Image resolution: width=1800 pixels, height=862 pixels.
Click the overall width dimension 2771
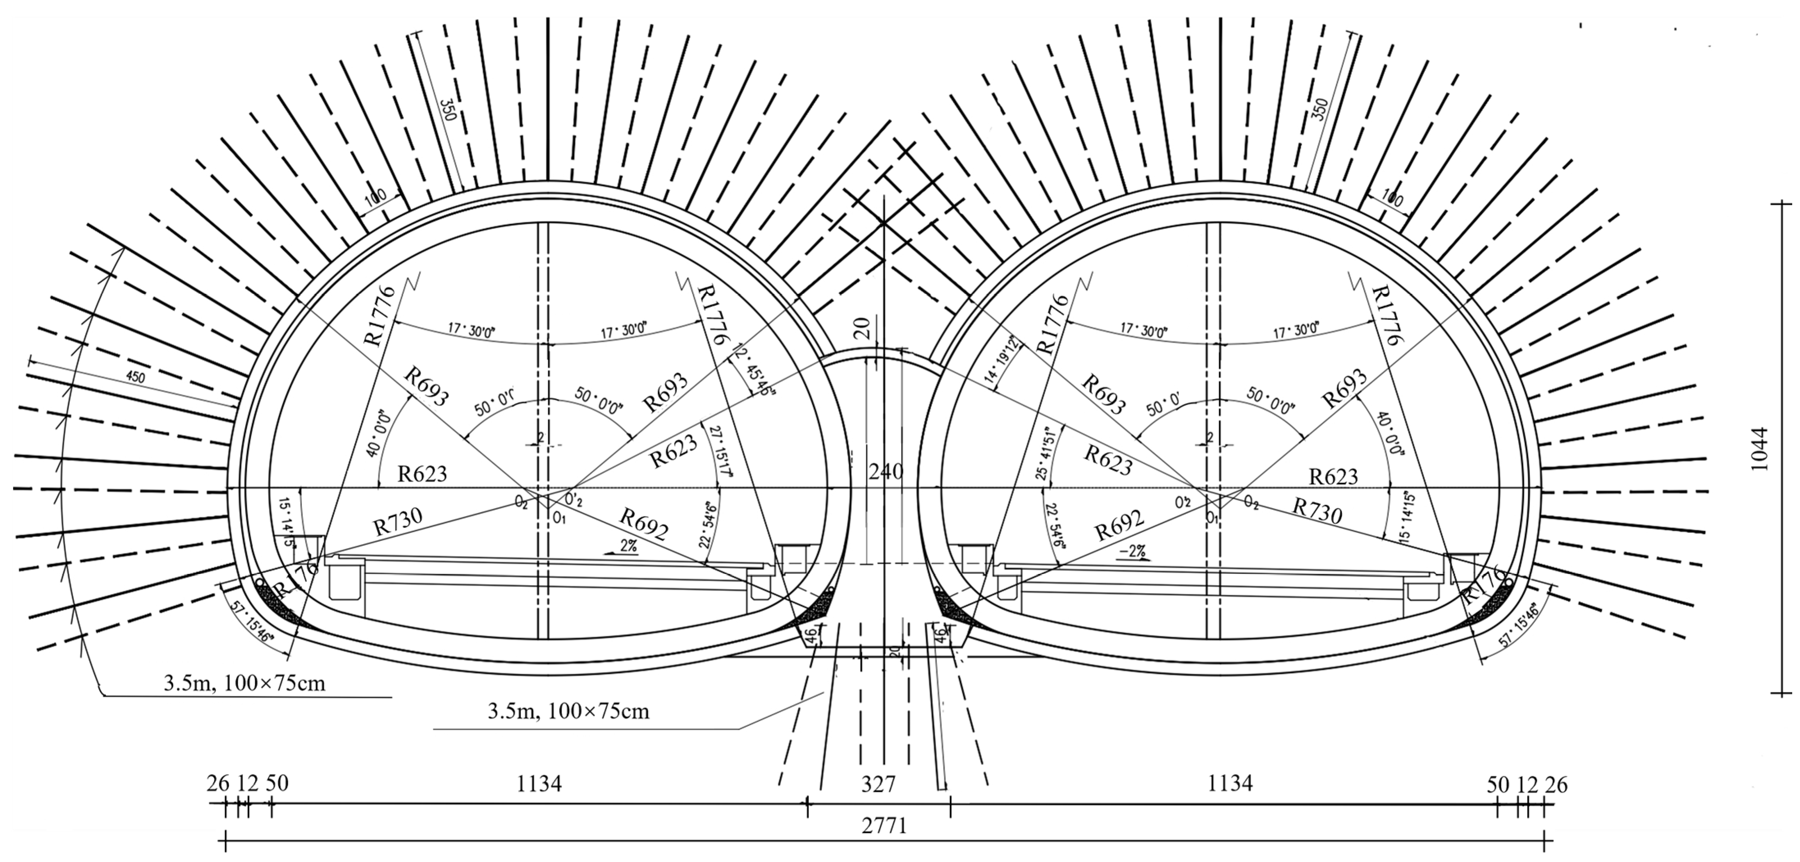pos(884,826)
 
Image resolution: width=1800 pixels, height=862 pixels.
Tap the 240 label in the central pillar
pos(885,472)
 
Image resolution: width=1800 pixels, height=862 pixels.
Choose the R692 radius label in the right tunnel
pos(1119,525)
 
